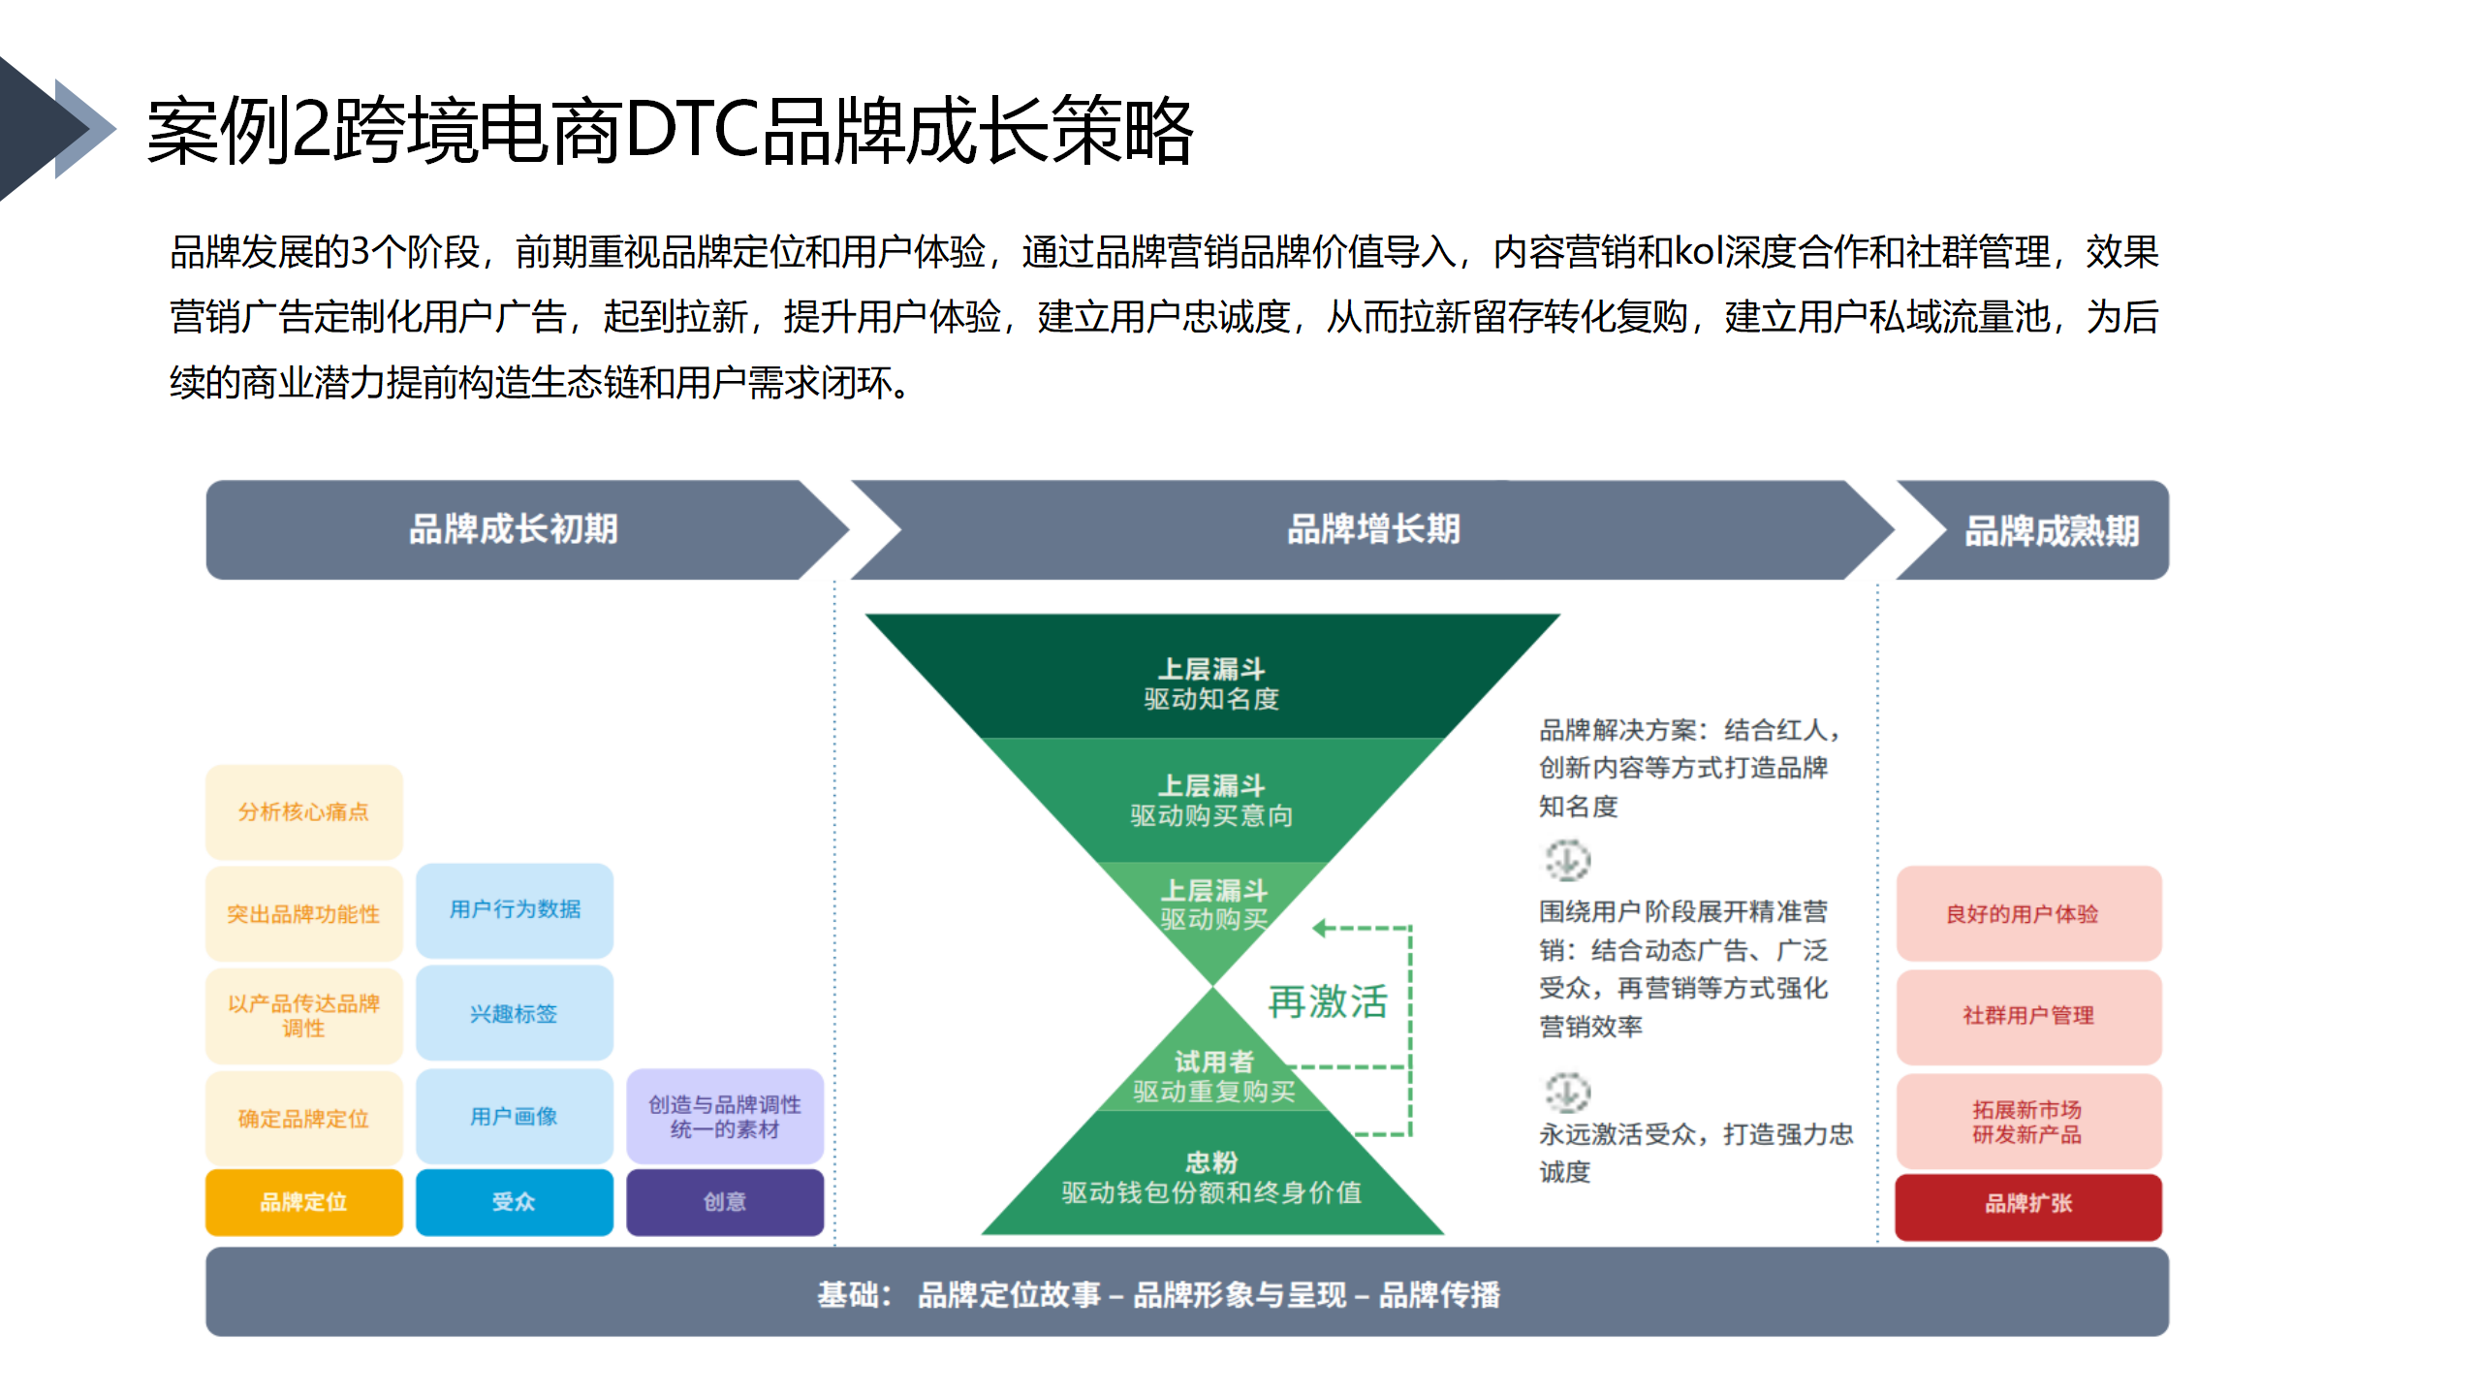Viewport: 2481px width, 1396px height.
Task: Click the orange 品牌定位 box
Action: click(x=303, y=1201)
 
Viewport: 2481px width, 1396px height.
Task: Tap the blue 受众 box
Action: click(x=514, y=1201)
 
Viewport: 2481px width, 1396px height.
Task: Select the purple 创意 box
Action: click(x=725, y=1201)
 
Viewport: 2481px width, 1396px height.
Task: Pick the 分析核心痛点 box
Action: click(x=303, y=812)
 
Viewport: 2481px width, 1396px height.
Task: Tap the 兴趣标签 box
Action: click(x=514, y=1013)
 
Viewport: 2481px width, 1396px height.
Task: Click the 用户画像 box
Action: click(x=514, y=1116)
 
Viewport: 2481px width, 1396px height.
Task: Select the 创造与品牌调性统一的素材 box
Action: click(x=725, y=1116)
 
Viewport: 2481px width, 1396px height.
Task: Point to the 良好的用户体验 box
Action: click(x=2028, y=913)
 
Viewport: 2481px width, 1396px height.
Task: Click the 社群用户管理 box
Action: click(x=2028, y=1016)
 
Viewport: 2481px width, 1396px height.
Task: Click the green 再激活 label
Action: click(x=1328, y=1001)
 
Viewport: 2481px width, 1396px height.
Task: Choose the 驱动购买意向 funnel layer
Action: click(x=1211, y=801)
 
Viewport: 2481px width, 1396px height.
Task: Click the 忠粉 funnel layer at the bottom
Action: click(x=1211, y=1175)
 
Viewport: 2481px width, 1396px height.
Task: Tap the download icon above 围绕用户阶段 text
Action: click(x=1567, y=860)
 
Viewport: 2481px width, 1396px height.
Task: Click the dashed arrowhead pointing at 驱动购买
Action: click(x=1320, y=928)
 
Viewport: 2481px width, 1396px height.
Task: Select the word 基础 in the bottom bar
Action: click(x=847, y=1294)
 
